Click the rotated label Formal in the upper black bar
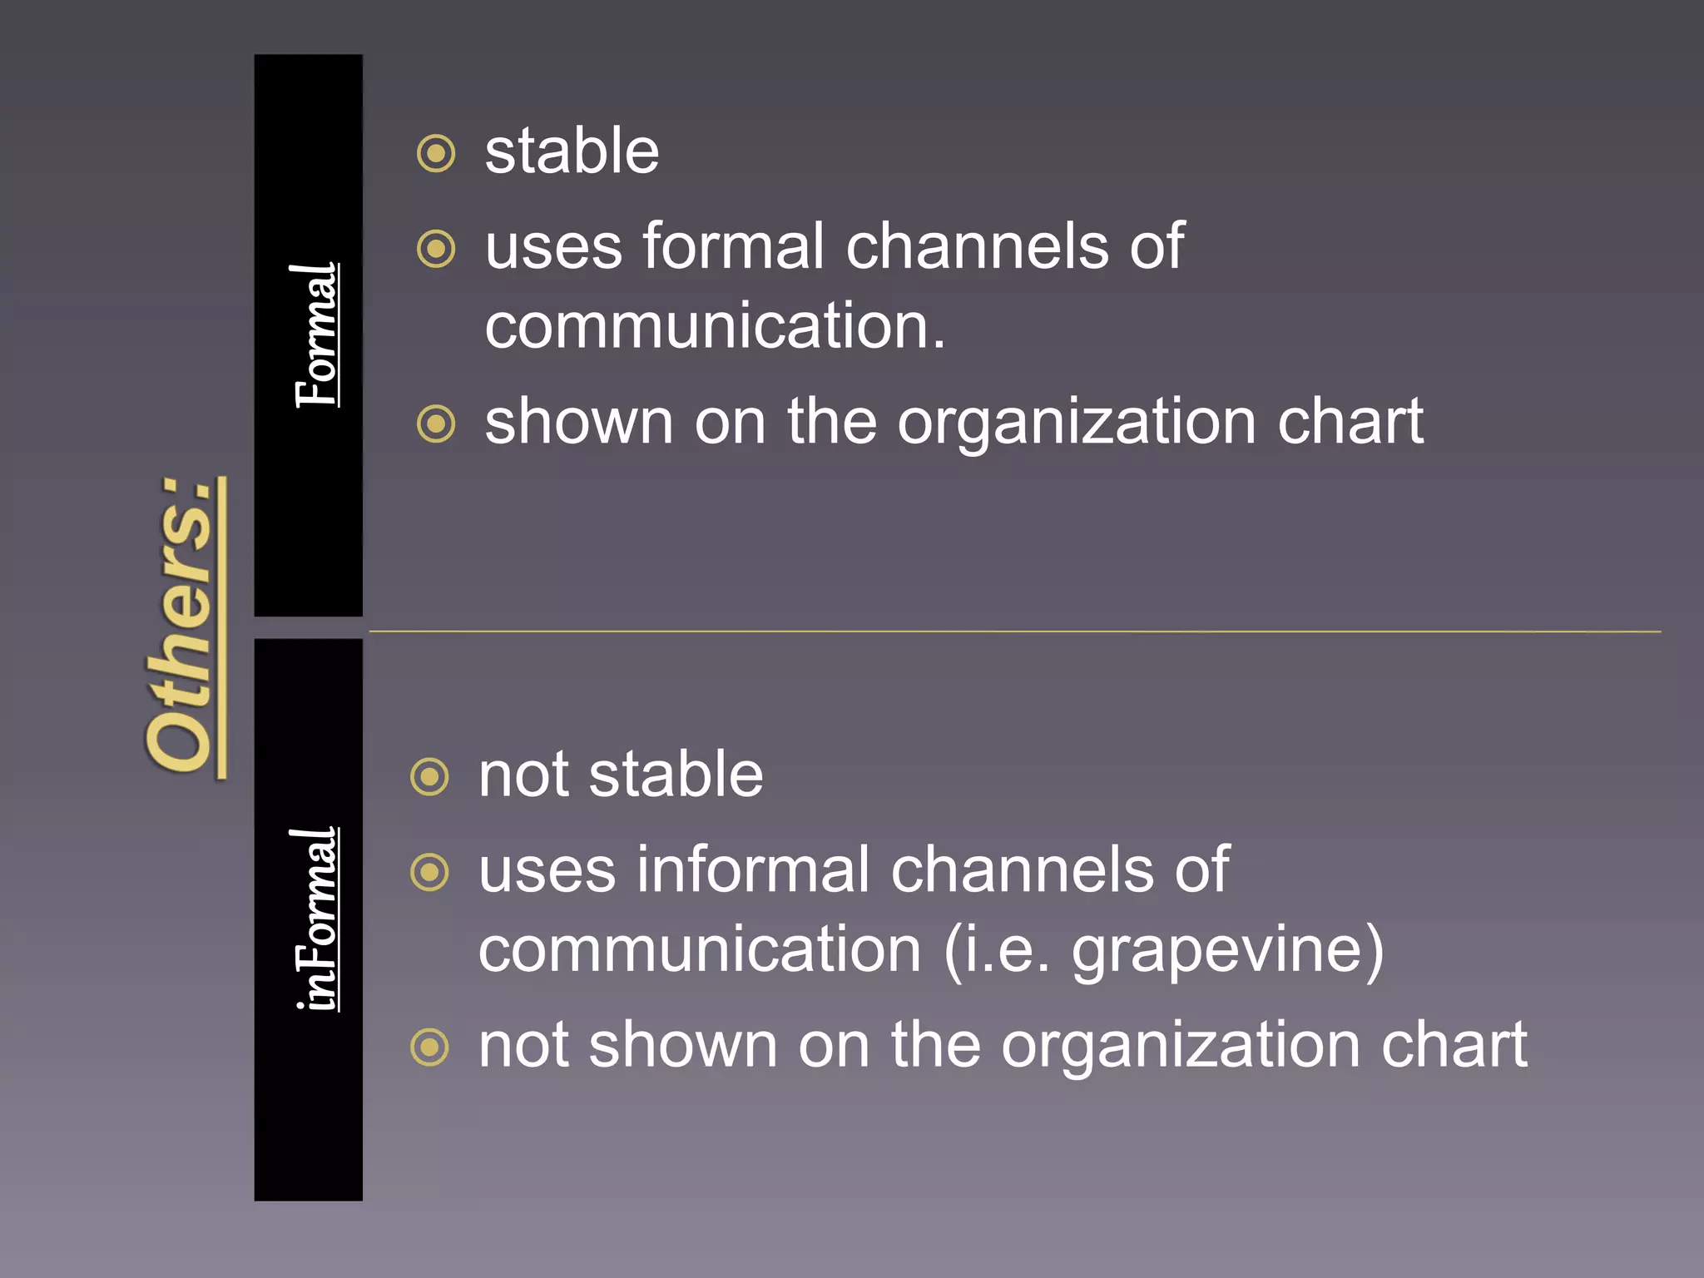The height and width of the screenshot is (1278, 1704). (x=317, y=335)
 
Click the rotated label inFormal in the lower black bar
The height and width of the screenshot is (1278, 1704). (x=317, y=919)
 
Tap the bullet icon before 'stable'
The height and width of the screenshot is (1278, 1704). (x=436, y=154)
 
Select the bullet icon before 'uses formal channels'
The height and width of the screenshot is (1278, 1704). (x=436, y=249)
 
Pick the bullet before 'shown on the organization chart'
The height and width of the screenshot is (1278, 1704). (x=436, y=424)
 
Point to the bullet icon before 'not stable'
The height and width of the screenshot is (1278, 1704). (x=430, y=777)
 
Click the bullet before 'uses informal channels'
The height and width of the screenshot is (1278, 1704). (x=430, y=872)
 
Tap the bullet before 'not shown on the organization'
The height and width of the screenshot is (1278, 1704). (x=430, y=1047)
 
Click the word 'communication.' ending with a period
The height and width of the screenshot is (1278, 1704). (x=716, y=325)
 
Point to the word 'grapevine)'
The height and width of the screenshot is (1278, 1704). (x=1227, y=950)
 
